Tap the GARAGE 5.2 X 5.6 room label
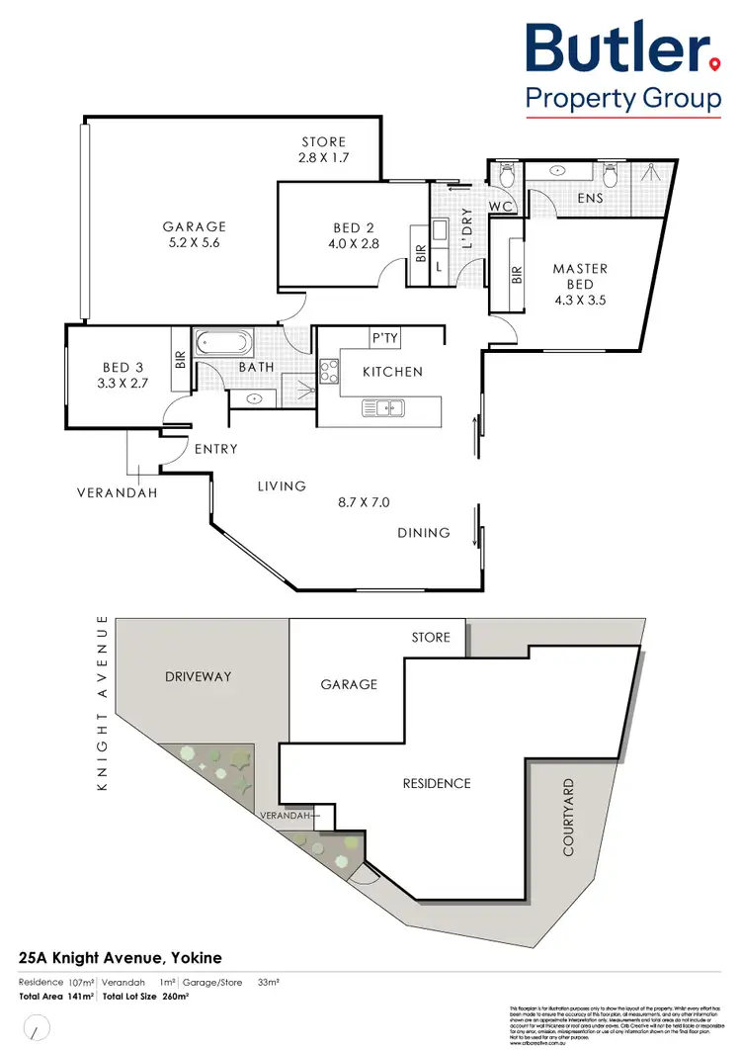195,234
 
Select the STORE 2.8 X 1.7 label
324,149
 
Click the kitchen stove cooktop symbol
328,374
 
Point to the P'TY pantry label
384,338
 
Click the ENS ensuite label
591,199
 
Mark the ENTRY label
216,449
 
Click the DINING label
424,533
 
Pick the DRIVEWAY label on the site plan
198,676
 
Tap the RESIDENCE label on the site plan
437,783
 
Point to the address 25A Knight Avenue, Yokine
121,957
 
